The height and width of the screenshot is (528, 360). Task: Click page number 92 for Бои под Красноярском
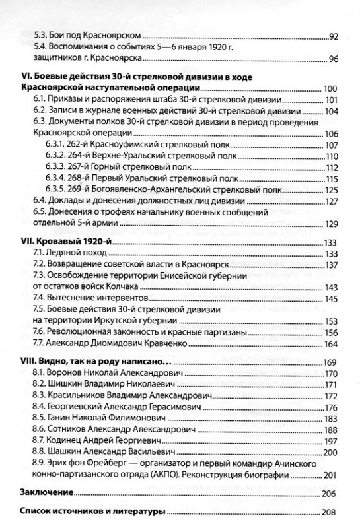[x=334, y=36]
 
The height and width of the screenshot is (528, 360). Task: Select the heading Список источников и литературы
[x=89, y=513]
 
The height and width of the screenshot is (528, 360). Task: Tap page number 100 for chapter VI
[x=331, y=88]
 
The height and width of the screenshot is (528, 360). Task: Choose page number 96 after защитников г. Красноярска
[x=334, y=61]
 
